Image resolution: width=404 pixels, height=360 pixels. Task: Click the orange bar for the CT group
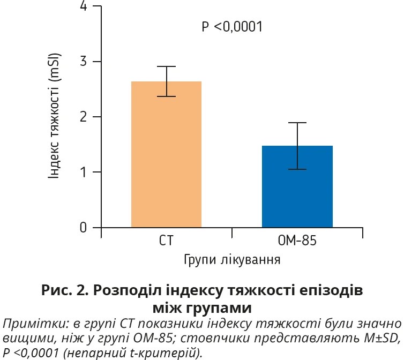coord(166,155)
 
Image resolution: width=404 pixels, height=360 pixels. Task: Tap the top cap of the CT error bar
coord(167,66)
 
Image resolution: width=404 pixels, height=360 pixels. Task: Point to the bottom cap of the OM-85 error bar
coord(297,169)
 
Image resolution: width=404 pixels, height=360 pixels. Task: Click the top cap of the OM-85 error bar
coord(297,123)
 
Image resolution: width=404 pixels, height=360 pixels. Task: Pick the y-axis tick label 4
coord(83,6)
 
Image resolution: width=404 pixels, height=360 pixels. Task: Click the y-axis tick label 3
coord(83,62)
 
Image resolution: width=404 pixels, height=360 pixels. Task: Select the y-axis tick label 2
coord(83,117)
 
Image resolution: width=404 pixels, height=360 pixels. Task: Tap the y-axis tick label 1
coord(83,172)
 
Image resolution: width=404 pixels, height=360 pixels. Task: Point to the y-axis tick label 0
coord(83,227)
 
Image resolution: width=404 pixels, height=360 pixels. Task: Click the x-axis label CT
coord(167,241)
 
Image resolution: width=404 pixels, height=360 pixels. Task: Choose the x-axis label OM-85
coord(297,241)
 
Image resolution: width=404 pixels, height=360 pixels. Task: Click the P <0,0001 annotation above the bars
coord(232,27)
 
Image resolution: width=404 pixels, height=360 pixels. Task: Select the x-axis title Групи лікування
coord(232,261)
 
